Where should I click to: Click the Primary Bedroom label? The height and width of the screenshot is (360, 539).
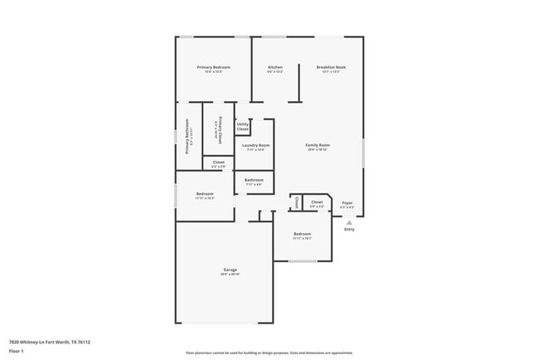[x=213, y=67]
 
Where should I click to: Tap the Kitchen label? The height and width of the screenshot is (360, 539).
[x=275, y=67]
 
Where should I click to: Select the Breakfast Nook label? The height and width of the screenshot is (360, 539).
[x=331, y=67]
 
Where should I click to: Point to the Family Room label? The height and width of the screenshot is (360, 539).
[x=318, y=145]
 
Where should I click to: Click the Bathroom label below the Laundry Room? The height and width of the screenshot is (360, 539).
[x=254, y=180]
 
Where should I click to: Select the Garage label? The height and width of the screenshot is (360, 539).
[x=231, y=270]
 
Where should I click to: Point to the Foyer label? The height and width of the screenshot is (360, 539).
[x=348, y=202]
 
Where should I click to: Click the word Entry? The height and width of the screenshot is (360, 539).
[x=349, y=230]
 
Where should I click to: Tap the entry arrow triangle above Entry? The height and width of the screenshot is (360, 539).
[x=349, y=222]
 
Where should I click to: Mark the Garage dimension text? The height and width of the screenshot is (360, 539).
[x=231, y=275]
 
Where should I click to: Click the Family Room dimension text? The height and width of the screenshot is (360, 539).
[x=318, y=149]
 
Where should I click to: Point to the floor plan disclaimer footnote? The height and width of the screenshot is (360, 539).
[x=269, y=353]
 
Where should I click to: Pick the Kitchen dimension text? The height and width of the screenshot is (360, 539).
[x=275, y=72]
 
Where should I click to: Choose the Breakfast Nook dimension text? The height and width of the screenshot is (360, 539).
[x=331, y=72]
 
